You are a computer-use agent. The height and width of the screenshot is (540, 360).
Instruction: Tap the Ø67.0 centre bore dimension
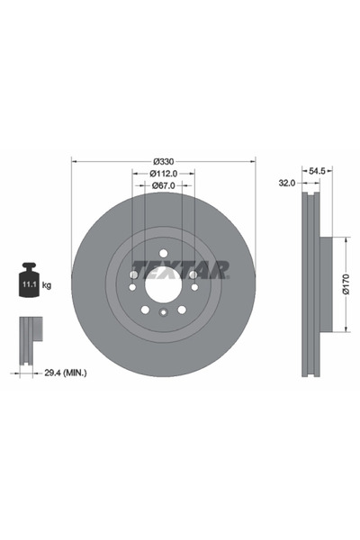[163, 186]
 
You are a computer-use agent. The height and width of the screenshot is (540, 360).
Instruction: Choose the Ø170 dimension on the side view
[345, 284]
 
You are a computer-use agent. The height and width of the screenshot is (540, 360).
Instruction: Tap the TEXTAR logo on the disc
[180, 269]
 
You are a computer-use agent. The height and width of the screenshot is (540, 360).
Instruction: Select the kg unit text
[47, 284]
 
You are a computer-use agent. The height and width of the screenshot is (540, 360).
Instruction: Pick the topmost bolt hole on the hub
[163, 253]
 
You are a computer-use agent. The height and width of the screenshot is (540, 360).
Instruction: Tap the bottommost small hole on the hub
[163, 313]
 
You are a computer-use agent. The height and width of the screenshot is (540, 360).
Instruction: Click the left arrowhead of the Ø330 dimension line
[74, 160]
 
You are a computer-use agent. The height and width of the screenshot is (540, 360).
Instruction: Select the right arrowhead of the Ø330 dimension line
[253, 160]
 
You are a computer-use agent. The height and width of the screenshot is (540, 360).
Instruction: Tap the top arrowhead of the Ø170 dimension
[345, 240]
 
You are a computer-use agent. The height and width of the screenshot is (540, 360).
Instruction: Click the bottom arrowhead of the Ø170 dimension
[345, 330]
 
